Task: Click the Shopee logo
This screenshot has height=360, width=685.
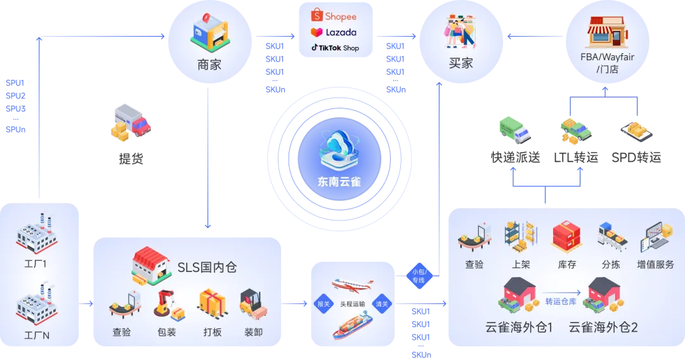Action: (334, 16)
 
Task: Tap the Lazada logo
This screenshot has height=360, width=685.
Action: (334, 32)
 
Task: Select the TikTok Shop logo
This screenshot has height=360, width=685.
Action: (335, 48)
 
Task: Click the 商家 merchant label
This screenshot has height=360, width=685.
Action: (209, 64)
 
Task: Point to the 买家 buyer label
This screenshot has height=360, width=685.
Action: (461, 63)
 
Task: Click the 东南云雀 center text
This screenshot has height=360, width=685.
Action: (339, 181)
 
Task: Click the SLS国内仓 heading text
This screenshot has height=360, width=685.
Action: (207, 267)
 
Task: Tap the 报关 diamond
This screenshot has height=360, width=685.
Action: (323, 304)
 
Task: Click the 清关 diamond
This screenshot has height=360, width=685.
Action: (382, 304)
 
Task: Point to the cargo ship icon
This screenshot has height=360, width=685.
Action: (353, 325)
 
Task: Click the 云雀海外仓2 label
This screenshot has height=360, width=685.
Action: (603, 328)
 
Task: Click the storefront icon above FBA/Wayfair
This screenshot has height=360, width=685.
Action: (606, 32)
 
